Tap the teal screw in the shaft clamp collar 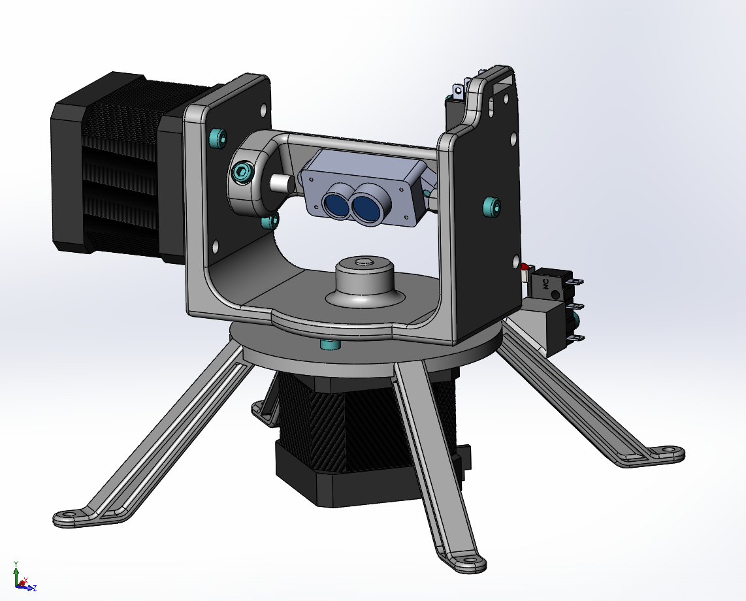click(242, 173)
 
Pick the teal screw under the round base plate click(328, 344)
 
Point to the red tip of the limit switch click(525, 267)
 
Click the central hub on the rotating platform click(364, 278)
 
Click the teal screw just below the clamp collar click(267, 222)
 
